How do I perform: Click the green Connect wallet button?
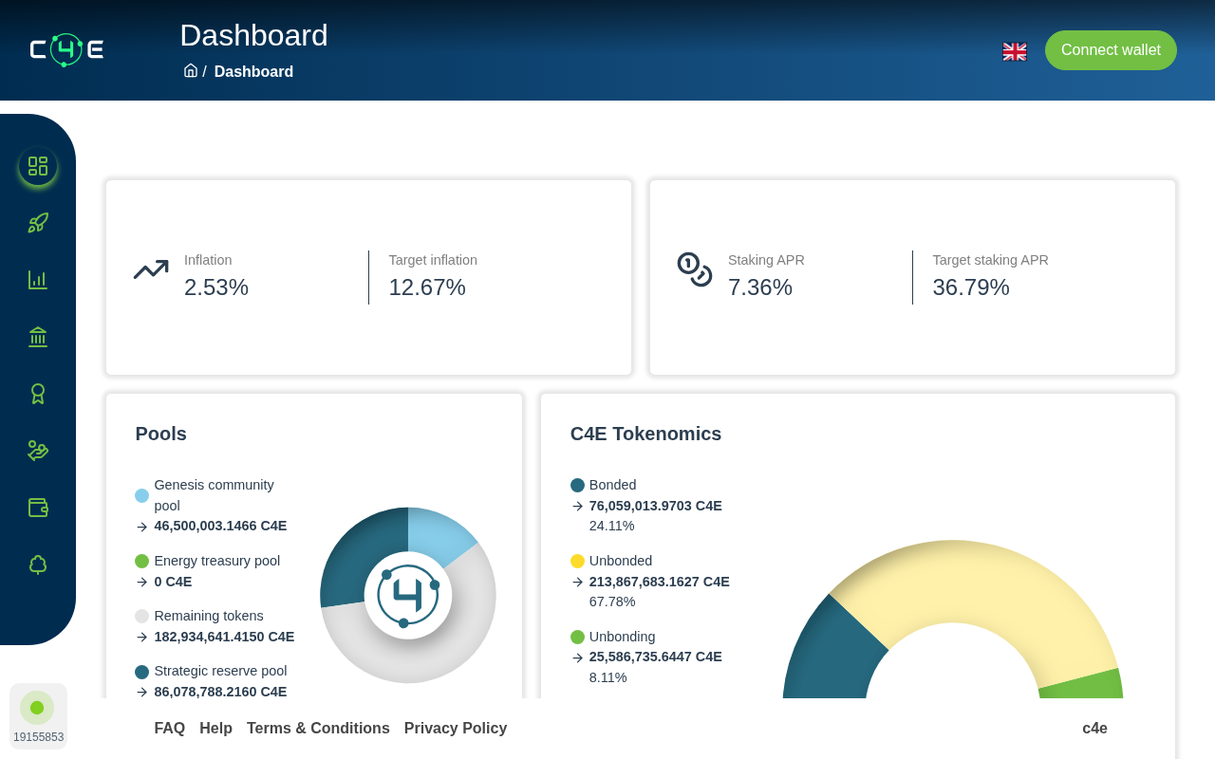point(1111,50)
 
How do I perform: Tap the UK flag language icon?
point(1015,51)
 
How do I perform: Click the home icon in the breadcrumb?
point(191,70)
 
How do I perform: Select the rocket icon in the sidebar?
point(38,223)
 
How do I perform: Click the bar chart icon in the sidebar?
point(38,280)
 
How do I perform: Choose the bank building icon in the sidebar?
point(38,337)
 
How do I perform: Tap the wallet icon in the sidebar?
point(38,508)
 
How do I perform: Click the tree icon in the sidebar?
point(38,565)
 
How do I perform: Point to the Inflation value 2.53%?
point(215,287)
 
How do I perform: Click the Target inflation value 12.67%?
point(427,287)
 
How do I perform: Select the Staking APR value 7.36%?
point(760,287)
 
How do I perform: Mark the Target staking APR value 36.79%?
point(971,287)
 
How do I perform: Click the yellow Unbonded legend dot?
point(577,561)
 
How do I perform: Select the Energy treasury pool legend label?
point(217,561)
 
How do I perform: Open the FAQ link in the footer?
point(169,728)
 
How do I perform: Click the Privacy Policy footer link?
point(456,728)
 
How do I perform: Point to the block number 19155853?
point(39,737)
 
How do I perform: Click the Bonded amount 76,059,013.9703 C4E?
point(655,506)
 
